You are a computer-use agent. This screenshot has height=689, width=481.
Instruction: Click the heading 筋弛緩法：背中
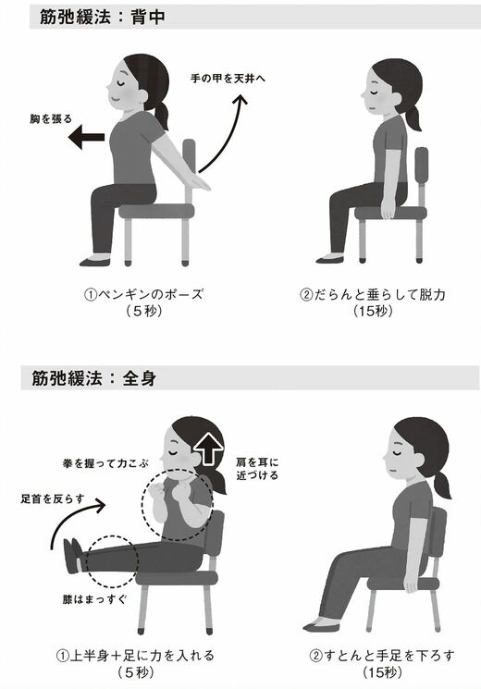(103, 17)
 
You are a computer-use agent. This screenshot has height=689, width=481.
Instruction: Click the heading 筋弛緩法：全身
(93, 378)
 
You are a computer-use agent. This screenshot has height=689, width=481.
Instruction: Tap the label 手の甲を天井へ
(228, 79)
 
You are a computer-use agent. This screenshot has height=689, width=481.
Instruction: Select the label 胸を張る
(51, 119)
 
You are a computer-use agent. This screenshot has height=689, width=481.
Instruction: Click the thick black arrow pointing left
(87, 137)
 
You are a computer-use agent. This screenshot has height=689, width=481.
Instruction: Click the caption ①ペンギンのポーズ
(143, 294)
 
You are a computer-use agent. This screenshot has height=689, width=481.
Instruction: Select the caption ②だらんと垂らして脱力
(373, 294)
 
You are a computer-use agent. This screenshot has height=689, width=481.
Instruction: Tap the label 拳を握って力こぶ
(105, 463)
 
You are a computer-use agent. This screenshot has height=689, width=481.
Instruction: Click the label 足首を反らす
(53, 498)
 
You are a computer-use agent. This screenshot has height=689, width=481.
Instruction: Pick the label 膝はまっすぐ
(94, 599)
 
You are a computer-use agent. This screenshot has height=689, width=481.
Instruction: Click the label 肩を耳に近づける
(257, 469)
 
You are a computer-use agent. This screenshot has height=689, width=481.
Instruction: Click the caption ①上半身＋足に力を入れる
(135, 656)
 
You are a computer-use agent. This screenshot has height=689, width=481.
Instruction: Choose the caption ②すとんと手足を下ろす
(382, 656)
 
